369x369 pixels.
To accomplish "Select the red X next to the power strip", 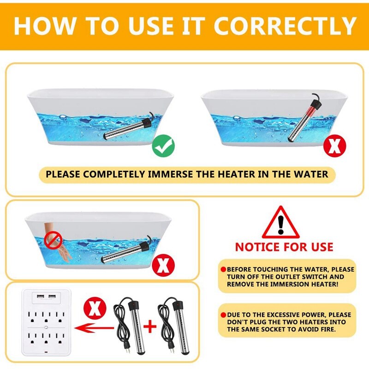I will (x=94, y=308).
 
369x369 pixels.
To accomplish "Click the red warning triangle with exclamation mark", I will (x=280, y=223).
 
